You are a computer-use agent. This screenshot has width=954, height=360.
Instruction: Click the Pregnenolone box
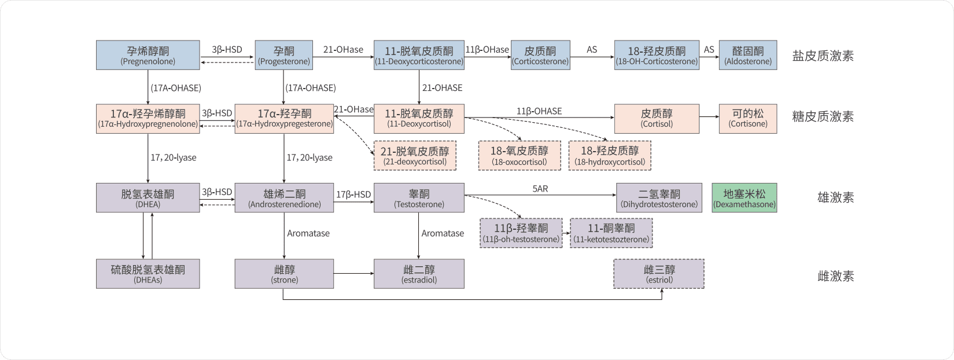(x=148, y=55)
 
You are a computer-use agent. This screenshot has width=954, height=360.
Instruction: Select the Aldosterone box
(x=747, y=55)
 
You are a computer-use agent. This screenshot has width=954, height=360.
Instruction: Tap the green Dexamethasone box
(x=744, y=198)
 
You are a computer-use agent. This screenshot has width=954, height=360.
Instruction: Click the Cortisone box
(x=747, y=119)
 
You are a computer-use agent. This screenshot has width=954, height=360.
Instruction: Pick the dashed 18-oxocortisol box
(x=519, y=156)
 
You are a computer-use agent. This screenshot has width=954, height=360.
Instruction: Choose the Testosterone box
(x=419, y=198)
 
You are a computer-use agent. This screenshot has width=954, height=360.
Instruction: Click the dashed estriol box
(x=659, y=274)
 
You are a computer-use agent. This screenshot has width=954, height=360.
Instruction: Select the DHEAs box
(x=148, y=274)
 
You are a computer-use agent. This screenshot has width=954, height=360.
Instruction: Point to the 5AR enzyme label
(x=540, y=189)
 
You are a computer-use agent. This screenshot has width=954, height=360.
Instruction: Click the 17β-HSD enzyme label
(x=353, y=194)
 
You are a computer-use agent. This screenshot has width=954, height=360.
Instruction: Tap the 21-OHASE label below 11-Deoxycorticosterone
(x=442, y=88)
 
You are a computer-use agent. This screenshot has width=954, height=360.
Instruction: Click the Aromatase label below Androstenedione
(x=308, y=233)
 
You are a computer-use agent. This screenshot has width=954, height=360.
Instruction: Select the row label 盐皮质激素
(x=823, y=56)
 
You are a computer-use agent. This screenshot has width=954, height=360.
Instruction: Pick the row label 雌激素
(x=835, y=276)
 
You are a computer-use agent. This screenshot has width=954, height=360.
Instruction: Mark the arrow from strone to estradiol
(x=353, y=273)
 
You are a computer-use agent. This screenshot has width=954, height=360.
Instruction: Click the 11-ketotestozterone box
(x=611, y=233)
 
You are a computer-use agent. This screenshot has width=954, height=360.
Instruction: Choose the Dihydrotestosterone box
(x=659, y=198)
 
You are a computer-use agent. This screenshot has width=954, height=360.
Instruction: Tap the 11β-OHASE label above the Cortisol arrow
(x=539, y=111)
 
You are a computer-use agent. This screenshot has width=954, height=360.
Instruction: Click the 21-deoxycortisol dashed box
(x=415, y=156)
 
